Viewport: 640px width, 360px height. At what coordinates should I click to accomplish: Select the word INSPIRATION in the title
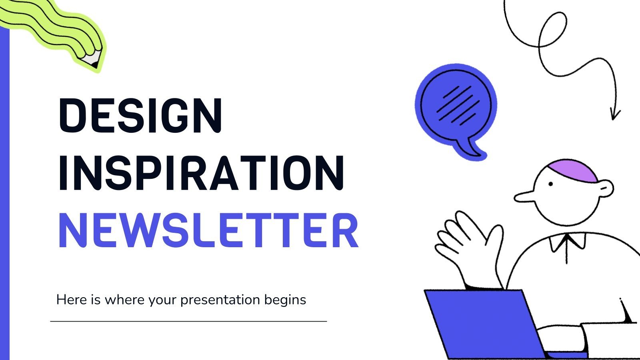[x=201, y=174]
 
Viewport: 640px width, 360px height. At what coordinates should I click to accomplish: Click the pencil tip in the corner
[x=94, y=62]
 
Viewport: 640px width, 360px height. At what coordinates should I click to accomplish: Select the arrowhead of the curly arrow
[x=614, y=114]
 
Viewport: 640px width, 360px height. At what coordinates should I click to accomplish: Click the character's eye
[x=550, y=184]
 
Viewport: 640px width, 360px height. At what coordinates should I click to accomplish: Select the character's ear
[x=606, y=188]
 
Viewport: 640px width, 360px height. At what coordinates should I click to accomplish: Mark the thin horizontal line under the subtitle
[x=188, y=321]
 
